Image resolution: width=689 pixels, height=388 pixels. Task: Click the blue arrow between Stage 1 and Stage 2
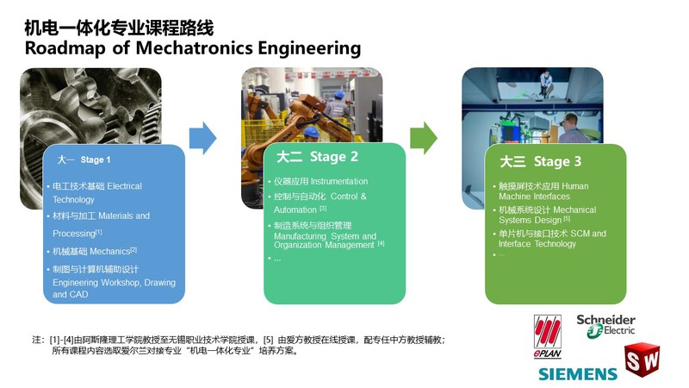(x=202, y=138)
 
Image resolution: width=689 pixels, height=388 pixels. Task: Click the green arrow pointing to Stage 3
(x=424, y=138)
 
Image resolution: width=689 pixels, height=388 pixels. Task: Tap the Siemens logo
(x=578, y=374)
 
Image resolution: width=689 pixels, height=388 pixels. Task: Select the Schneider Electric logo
(x=606, y=326)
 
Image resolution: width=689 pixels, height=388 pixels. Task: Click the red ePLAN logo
(x=548, y=336)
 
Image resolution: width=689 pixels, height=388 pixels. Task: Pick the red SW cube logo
(x=642, y=360)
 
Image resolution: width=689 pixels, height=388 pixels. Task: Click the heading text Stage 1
(x=96, y=160)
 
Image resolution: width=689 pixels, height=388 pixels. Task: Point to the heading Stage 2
(x=334, y=157)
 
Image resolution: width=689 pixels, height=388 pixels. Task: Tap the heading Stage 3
(x=557, y=161)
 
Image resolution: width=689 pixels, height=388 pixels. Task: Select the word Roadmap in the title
(x=65, y=48)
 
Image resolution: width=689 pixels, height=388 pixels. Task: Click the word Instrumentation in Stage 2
(x=338, y=181)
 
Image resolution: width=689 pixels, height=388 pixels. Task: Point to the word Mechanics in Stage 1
(x=110, y=252)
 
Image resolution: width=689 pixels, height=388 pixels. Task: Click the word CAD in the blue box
(x=78, y=294)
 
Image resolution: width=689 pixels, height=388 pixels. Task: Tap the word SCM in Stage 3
(x=580, y=234)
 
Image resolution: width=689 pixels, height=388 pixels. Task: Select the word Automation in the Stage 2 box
(x=295, y=210)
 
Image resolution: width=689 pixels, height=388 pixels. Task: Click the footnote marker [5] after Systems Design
(x=567, y=218)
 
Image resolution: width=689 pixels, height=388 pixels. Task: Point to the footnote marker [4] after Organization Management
(x=381, y=243)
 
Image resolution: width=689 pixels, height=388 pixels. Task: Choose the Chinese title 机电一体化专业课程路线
(x=119, y=28)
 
